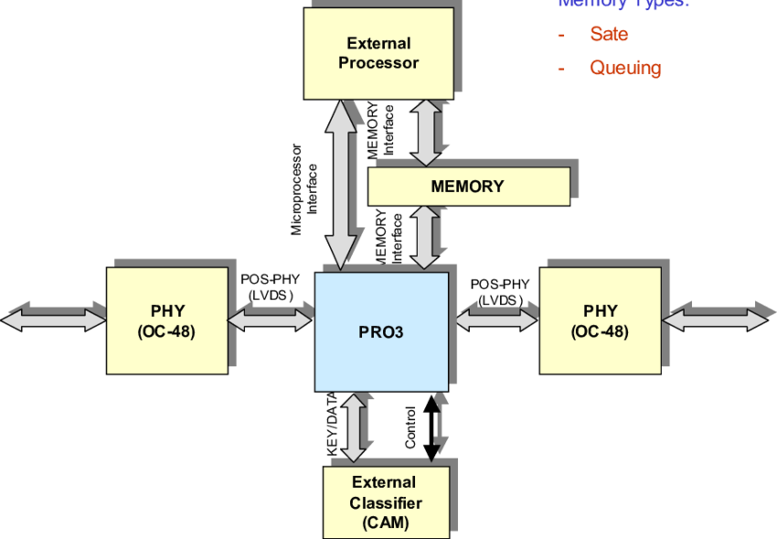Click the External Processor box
point(378,53)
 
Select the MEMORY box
point(468,187)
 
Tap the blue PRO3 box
point(381,331)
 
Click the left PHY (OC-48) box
point(167,320)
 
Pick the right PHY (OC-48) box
point(600,320)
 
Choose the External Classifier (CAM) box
point(386,502)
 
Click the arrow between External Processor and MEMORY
point(426,133)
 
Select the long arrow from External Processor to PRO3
point(343,184)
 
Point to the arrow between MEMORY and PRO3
point(426,237)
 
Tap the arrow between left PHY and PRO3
point(270,318)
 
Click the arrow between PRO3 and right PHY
point(495,318)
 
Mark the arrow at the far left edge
point(53,319)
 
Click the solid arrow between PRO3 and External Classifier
point(353,428)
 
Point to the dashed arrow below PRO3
point(437,428)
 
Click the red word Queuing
point(625,68)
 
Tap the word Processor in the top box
point(378,63)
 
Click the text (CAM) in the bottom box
point(386,523)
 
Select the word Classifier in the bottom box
point(386,503)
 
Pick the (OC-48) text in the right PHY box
point(600,331)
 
